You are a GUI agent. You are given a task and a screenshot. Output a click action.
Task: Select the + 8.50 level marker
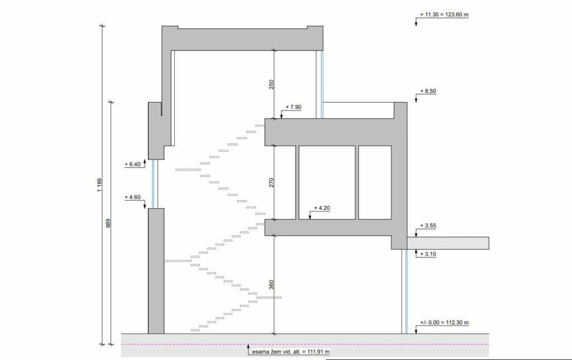point(428,91)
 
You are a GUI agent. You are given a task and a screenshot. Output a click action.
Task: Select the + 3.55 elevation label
point(429,226)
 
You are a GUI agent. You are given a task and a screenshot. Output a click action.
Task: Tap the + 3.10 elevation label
point(429,254)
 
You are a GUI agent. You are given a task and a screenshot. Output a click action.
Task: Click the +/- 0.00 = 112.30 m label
point(444,323)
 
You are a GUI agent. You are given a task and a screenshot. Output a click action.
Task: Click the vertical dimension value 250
point(271,84)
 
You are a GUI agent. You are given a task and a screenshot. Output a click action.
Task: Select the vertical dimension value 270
point(271,182)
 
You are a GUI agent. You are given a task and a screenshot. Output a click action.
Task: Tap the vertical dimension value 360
point(271,284)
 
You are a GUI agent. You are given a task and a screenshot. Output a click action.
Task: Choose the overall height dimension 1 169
point(99,185)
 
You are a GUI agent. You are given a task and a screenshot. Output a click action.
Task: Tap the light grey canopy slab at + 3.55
point(447,243)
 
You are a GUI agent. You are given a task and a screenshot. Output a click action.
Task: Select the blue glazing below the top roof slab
point(321,84)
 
